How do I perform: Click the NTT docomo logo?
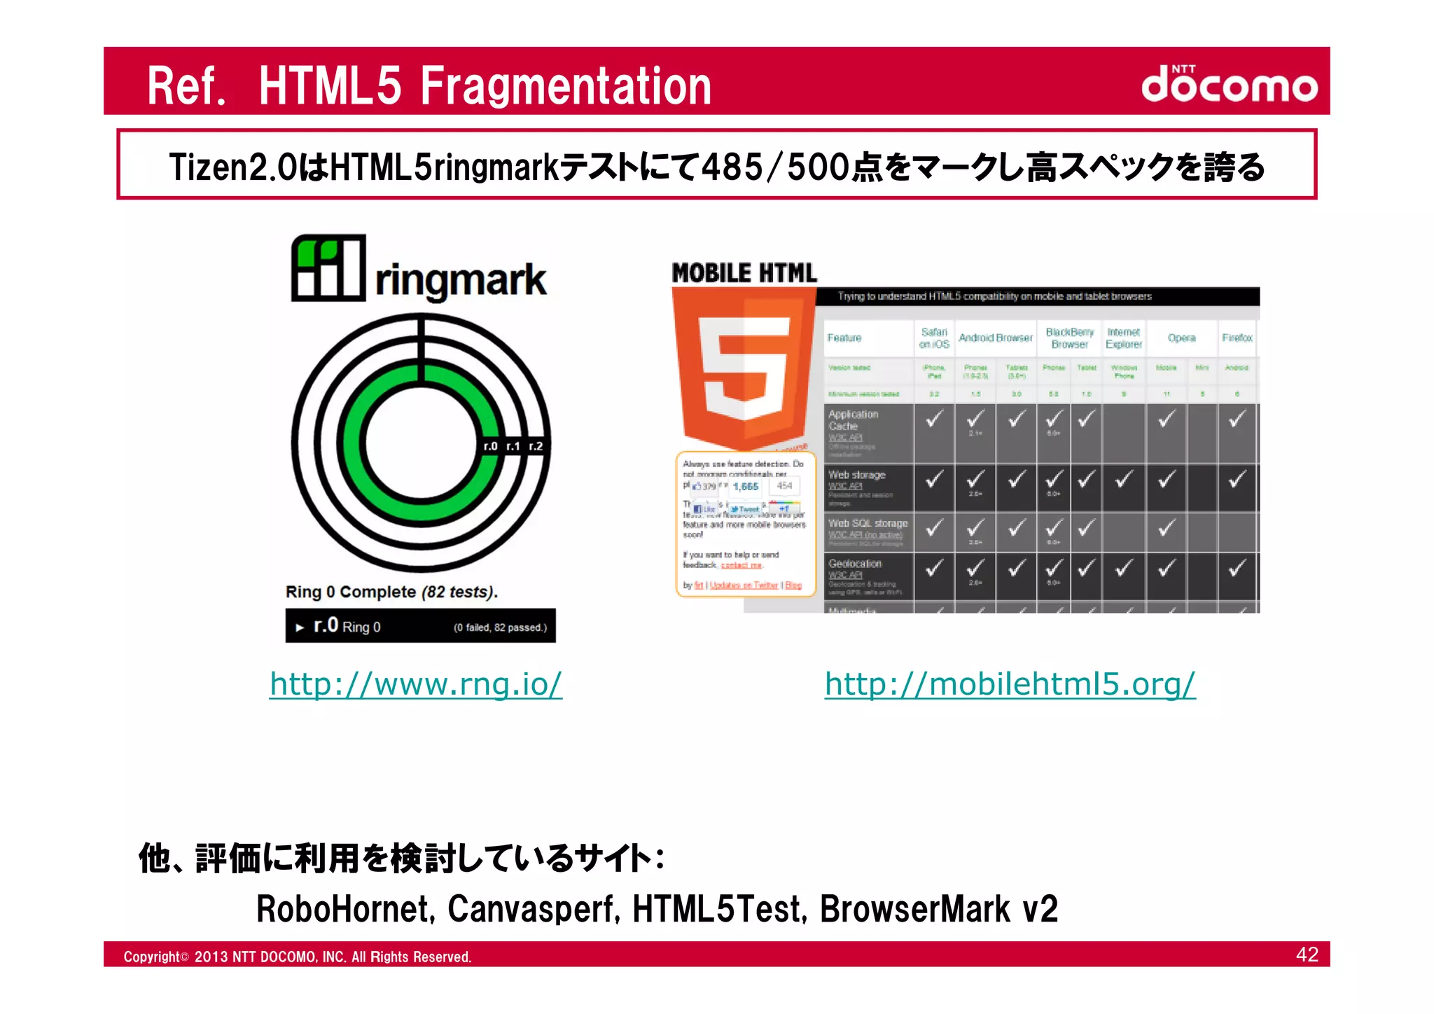click(x=1229, y=84)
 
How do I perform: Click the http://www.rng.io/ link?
click(x=416, y=684)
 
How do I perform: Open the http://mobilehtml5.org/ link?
click(x=1010, y=684)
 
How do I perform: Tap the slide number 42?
click(x=1307, y=954)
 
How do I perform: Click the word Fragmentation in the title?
click(x=565, y=86)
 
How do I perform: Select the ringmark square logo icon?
click(x=328, y=268)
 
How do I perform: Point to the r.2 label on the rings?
click(x=536, y=446)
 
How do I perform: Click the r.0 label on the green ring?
click(x=490, y=446)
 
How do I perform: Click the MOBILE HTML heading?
click(x=744, y=273)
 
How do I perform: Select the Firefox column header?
click(x=1237, y=338)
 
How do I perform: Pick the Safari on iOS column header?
click(x=934, y=338)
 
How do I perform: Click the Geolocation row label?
click(x=855, y=564)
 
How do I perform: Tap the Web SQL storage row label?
click(x=868, y=523)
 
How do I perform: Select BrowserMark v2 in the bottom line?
click(x=938, y=909)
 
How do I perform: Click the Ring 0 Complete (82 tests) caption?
click(x=391, y=592)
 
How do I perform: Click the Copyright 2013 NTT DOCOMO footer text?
click(x=298, y=957)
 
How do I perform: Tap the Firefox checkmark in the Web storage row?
click(x=1237, y=480)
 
